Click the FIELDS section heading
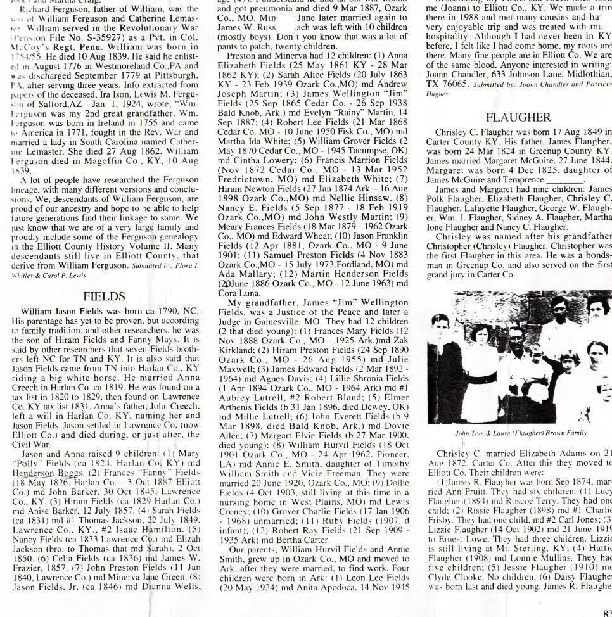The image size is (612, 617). tap(104, 296)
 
